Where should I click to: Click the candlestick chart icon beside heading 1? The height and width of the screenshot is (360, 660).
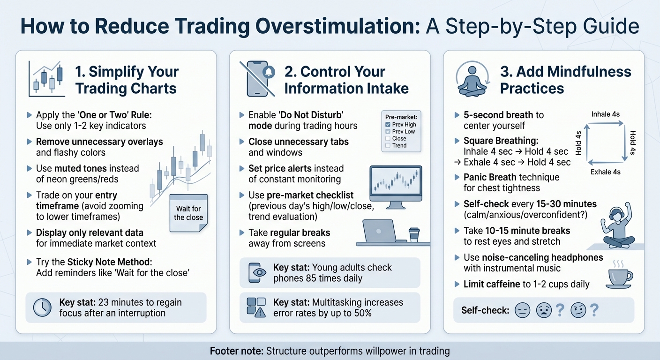[x=46, y=79]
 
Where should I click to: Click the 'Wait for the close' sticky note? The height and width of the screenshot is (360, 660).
[x=188, y=213]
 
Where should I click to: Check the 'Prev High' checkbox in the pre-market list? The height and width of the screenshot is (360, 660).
[x=388, y=125]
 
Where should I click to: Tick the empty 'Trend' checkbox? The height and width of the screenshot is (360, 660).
[x=388, y=146]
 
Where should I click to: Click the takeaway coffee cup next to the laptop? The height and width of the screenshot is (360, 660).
[x=413, y=234]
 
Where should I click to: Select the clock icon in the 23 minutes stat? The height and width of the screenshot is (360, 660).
[x=43, y=307]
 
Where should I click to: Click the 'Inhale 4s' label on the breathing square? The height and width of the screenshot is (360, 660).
[x=606, y=114]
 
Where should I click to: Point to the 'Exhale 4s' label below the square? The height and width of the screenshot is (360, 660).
[x=606, y=172]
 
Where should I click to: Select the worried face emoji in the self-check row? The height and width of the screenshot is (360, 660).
[x=544, y=310]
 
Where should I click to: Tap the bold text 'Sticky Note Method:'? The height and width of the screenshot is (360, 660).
[x=110, y=262]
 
